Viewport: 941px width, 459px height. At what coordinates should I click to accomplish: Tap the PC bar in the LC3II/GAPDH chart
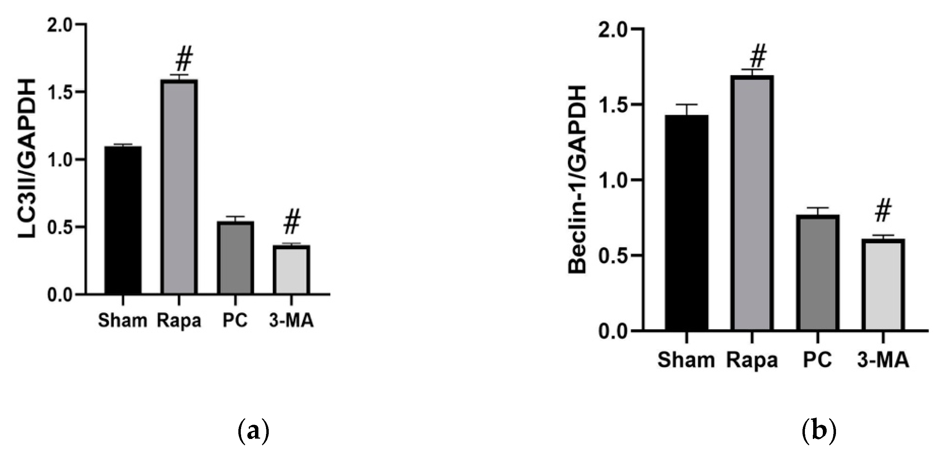coord(235,257)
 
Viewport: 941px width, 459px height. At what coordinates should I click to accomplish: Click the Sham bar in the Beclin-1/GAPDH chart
coord(687,223)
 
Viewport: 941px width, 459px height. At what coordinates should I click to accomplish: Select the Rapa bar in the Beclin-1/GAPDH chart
coord(752,203)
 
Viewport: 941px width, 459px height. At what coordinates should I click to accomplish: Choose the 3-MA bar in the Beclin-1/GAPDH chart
coord(883,285)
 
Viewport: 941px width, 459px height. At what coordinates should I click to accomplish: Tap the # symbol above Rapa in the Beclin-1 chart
coord(758,55)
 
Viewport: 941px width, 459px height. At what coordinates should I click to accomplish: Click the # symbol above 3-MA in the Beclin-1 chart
coord(883,211)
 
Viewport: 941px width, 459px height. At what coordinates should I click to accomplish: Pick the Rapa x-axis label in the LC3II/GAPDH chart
coord(179,321)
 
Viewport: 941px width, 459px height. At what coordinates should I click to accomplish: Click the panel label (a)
coord(253,432)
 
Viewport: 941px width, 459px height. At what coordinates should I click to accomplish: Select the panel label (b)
coord(819,432)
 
